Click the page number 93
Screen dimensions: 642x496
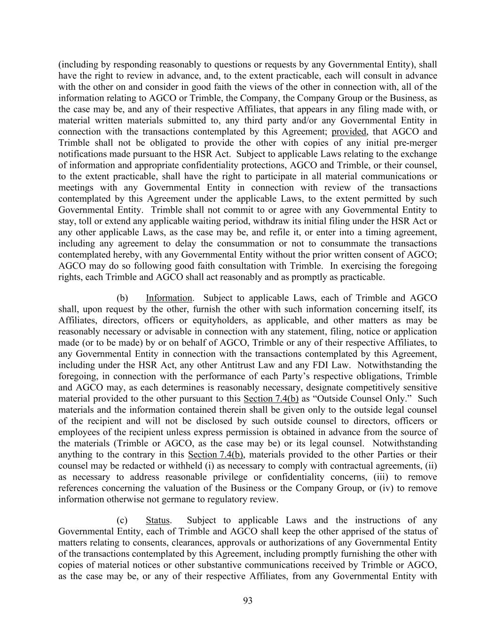248,601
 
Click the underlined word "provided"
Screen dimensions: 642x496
348,132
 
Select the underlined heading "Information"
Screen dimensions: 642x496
169,298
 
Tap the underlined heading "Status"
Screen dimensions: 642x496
157,520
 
